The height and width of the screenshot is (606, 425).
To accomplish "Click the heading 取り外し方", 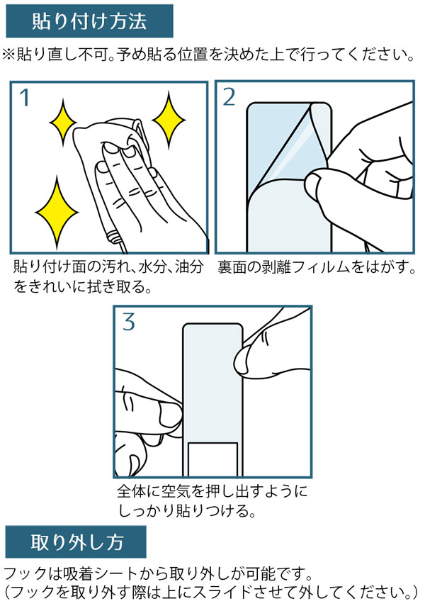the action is tap(77, 542).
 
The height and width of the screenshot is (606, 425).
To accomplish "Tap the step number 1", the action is tap(25, 97).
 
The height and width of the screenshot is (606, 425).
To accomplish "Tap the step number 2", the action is tap(229, 97).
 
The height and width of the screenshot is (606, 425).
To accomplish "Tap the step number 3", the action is tap(129, 322).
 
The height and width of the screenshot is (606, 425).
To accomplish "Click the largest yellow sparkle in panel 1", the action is tap(57, 212).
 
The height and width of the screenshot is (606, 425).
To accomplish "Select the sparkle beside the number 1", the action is tap(63, 123).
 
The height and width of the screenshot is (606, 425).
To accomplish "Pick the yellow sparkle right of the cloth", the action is tap(169, 120).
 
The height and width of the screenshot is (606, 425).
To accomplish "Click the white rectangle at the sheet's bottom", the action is tap(212, 459).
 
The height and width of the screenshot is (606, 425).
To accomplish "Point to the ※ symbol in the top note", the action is tap(8, 55).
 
